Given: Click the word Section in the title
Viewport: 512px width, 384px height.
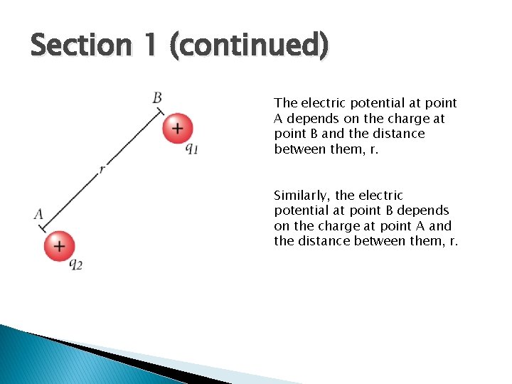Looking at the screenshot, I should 80,46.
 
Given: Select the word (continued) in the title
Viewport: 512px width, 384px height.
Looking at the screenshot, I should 248,46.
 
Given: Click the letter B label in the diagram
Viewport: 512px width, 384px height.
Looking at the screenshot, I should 157,97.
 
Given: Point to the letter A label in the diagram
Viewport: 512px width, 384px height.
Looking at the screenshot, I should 38,213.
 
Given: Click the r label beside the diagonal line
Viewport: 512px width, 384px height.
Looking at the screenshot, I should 102,169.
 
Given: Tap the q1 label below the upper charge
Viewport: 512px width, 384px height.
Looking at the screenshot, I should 191,149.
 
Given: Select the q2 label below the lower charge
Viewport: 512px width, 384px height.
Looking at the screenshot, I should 75,264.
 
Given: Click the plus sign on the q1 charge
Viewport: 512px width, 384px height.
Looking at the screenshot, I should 177,128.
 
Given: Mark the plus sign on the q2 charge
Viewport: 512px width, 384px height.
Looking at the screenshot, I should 60,246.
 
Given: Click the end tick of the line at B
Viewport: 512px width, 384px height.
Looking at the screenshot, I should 161,111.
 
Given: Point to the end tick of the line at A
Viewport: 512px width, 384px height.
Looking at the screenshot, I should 42,228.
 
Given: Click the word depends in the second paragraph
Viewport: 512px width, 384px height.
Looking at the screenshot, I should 423,210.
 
